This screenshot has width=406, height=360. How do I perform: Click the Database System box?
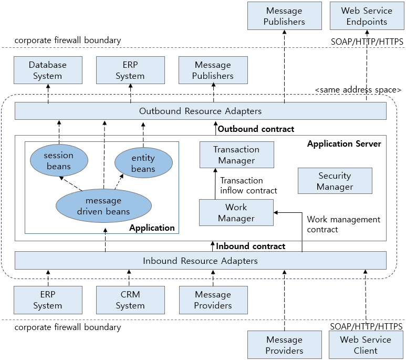tap(48, 70)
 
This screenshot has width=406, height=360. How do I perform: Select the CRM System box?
tap(130, 300)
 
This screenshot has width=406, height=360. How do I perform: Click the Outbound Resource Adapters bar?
tap(200, 111)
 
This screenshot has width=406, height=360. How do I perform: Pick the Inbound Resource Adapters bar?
tap(200, 261)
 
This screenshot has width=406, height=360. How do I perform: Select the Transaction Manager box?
tap(236, 155)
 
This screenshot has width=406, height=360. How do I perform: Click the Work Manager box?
tap(236, 212)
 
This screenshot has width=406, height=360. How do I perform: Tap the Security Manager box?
tap(335, 181)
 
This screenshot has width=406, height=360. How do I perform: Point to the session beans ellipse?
tap(59, 161)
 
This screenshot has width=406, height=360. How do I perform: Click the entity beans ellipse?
tap(143, 163)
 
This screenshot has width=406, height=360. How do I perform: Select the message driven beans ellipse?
tap(103, 206)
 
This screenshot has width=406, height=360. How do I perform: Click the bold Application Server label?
tap(344, 143)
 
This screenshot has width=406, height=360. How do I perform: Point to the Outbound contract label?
tap(256, 129)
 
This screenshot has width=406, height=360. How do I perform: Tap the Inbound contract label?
tap(251, 246)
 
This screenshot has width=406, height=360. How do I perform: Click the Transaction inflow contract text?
tap(248, 185)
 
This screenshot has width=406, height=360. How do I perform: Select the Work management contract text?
tap(343, 224)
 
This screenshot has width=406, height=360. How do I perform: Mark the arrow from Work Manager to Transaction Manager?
tap(215, 184)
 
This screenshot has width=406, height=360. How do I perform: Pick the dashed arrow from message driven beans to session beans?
tap(72, 183)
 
